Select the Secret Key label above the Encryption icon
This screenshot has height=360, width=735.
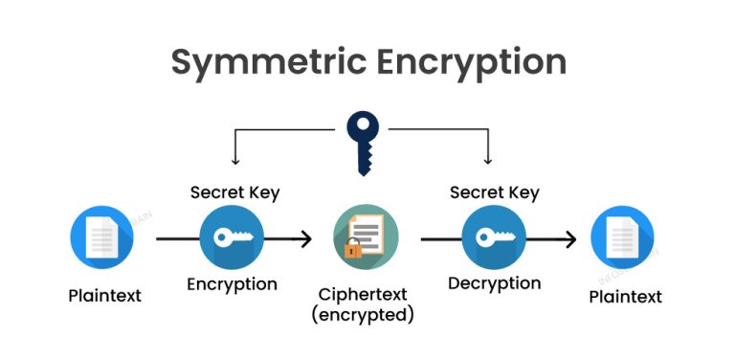(x=234, y=192)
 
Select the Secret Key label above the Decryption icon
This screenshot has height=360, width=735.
(x=494, y=192)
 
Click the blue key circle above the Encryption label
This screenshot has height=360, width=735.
(x=232, y=238)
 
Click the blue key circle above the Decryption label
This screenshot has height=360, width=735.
(x=494, y=238)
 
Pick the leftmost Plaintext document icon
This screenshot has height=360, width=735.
(x=102, y=238)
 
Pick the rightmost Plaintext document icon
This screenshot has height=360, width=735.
(x=622, y=238)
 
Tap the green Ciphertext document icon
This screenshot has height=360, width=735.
(x=365, y=238)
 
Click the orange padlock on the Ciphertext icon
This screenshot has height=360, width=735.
(x=352, y=251)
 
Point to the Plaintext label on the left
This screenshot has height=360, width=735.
(x=104, y=295)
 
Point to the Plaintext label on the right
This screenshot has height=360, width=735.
(x=625, y=296)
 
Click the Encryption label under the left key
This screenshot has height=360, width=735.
(x=232, y=283)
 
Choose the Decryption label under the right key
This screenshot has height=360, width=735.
(x=494, y=283)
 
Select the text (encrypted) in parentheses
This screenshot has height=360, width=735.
(x=364, y=313)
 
